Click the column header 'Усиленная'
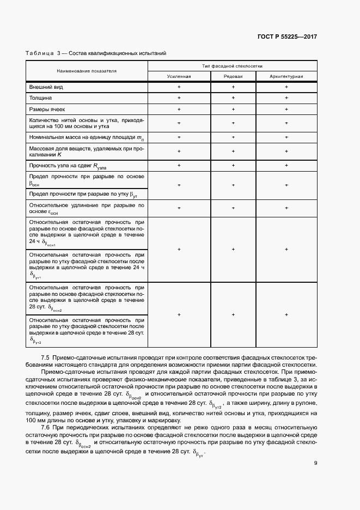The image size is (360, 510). pyautogui.click(x=179, y=76)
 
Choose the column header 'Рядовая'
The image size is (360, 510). pyautogui.click(x=233, y=76)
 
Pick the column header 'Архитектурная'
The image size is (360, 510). pyautogui.click(x=286, y=76)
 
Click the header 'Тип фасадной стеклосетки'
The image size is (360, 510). pyautogui.click(x=233, y=65)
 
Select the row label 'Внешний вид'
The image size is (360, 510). pyautogui.click(x=45, y=87)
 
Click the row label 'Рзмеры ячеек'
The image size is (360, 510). pyautogui.click(x=47, y=110)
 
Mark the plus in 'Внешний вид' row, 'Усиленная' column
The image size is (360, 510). pyautogui.click(x=179, y=87)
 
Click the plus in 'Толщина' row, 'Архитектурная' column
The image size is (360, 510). pyautogui.click(x=286, y=98)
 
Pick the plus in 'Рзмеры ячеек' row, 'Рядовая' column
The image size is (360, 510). pyautogui.click(x=233, y=110)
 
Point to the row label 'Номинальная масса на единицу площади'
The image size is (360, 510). pyautogui.click(x=86, y=137)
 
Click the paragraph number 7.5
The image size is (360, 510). pyautogui.click(x=45, y=357)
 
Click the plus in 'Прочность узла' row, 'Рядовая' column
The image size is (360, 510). pyautogui.click(x=233, y=165)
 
